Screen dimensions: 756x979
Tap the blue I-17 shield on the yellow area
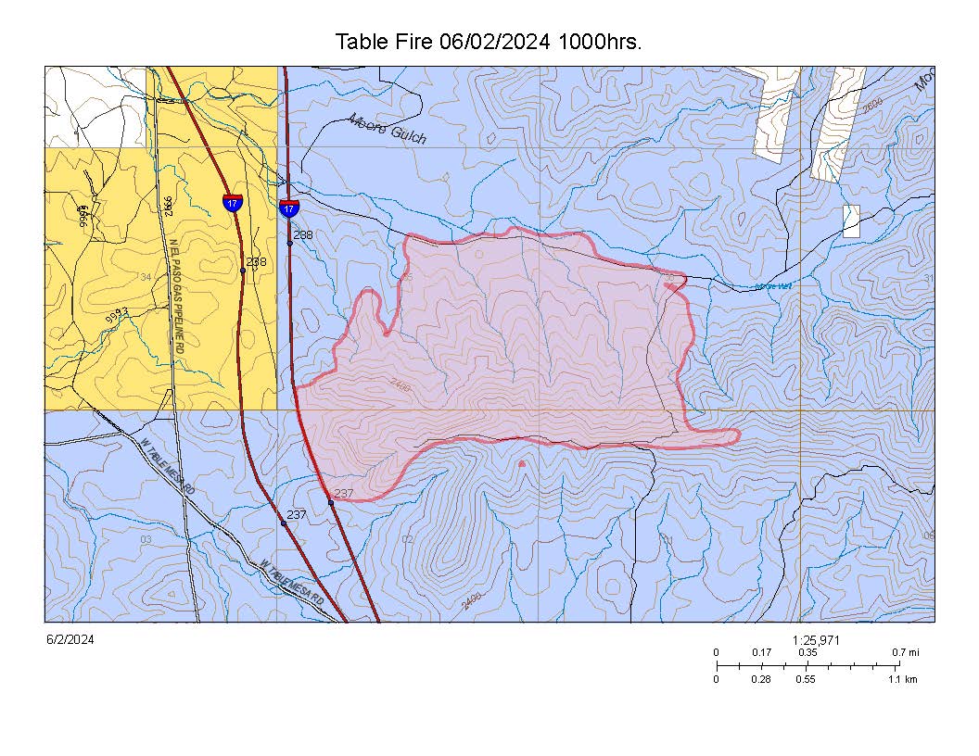point(233,202)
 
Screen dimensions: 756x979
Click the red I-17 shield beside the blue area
point(289,208)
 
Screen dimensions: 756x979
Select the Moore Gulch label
point(388,129)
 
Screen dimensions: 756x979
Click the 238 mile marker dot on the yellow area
point(243,271)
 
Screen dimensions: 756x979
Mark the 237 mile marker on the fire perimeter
point(331,502)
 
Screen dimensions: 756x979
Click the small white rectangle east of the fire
point(851,220)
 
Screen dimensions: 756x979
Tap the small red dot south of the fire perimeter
point(522,463)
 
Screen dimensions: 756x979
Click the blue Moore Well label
point(773,286)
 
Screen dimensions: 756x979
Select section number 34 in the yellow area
point(145,277)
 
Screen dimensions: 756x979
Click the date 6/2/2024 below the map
point(70,639)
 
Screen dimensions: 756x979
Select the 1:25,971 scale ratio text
point(817,640)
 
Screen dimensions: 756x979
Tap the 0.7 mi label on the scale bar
point(906,652)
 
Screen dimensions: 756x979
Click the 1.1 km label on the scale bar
point(903,679)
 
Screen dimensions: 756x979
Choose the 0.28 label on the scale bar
point(761,679)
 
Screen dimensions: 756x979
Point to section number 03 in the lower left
point(146,538)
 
